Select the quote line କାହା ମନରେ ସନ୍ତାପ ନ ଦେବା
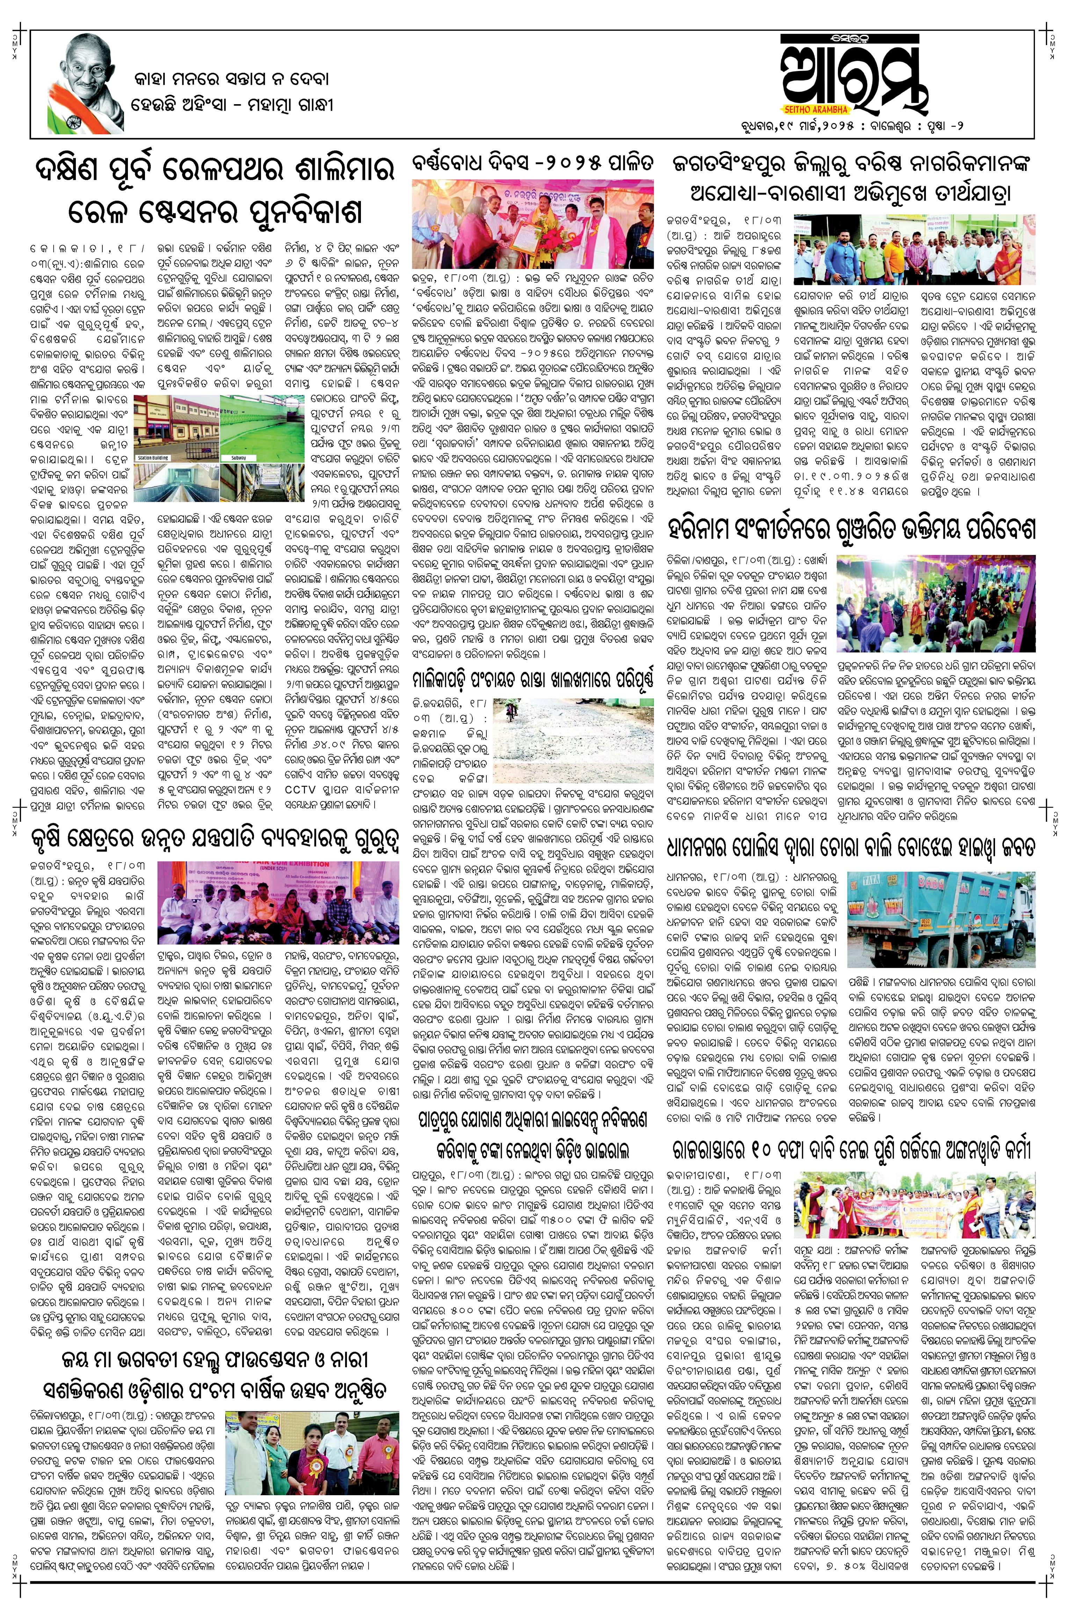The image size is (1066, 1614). click(x=231, y=79)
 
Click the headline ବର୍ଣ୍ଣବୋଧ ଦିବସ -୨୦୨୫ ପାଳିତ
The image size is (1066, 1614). click(x=533, y=163)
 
